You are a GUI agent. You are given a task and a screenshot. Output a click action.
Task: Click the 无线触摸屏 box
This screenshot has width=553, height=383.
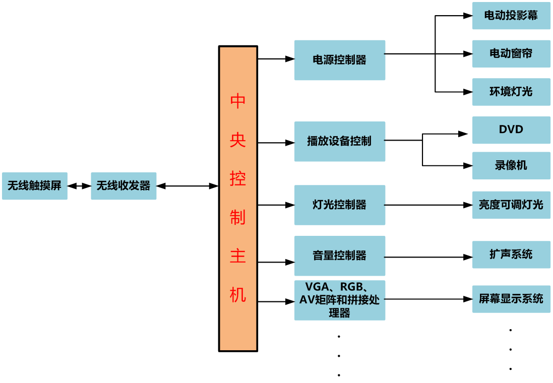click(34, 186)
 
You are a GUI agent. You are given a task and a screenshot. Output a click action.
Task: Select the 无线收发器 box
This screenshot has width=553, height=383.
click(124, 186)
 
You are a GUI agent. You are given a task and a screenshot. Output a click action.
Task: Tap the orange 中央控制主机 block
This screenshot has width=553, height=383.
click(238, 199)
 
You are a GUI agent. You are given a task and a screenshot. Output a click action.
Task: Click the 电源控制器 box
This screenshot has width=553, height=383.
click(340, 60)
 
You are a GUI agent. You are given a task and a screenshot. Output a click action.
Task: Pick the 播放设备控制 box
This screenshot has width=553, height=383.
click(340, 141)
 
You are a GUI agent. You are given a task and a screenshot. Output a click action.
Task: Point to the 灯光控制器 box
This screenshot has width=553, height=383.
click(340, 205)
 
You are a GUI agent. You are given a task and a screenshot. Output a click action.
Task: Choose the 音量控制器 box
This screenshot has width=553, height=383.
click(340, 256)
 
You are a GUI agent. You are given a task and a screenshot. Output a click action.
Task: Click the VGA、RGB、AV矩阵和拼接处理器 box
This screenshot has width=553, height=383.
click(340, 300)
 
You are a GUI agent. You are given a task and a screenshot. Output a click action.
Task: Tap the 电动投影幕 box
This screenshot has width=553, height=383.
click(511, 16)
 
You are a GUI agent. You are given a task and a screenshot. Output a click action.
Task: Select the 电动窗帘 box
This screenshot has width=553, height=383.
click(511, 53)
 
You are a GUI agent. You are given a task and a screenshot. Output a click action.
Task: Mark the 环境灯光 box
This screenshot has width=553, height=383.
click(511, 92)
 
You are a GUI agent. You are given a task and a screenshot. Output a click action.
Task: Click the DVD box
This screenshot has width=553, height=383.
click(511, 130)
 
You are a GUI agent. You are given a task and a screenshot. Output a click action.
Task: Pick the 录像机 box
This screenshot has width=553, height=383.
click(511, 165)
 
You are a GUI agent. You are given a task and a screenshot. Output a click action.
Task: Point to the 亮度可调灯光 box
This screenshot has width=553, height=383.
click(511, 205)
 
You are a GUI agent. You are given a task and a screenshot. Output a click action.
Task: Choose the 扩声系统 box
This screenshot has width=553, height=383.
click(511, 254)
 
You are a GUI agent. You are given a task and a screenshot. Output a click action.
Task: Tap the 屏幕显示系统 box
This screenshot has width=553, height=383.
click(511, 299)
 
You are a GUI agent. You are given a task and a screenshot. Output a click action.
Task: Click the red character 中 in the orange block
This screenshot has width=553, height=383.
click(238, 101)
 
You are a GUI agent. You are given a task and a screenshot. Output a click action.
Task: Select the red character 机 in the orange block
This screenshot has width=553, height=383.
click(238, 294)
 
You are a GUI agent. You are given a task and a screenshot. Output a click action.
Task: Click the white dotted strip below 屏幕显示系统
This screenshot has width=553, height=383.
click(511, 346)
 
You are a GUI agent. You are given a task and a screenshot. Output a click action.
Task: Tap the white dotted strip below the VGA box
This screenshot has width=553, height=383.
click(339, 352)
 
